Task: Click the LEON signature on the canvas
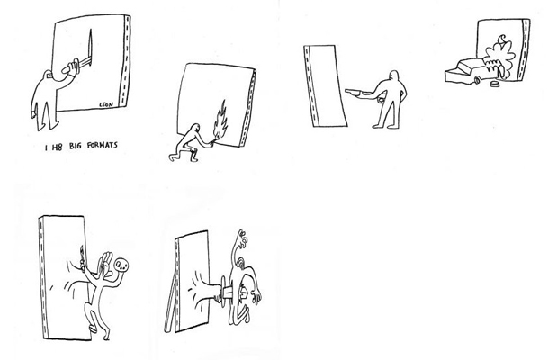click(x=106, y=104)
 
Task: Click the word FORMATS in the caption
click(x=102, y=145)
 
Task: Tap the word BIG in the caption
click(x=75, y=146)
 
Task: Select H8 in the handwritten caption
click(x=57, y=147)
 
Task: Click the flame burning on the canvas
click(x=220, y=120)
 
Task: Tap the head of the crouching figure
click(x=195, y=128)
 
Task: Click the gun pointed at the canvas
click(x=356, y=92)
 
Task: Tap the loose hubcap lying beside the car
click(x=494, y=85)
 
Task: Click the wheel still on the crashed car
click(x=476, y=80)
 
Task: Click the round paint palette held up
click(x=121, y=265)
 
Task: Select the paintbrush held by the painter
click(x=82, y=256)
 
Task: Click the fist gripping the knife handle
click(x=71, y=67)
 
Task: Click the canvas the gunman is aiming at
click(x=325, y=85)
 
